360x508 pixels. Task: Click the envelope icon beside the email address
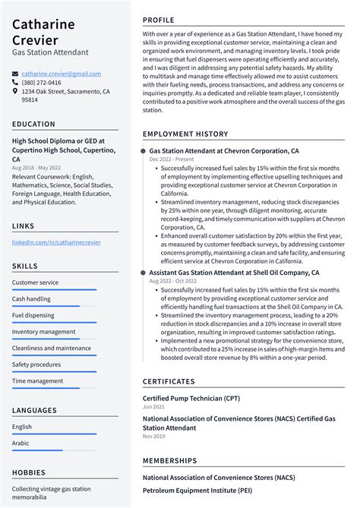point(15,74)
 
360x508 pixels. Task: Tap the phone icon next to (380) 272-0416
point(15,83)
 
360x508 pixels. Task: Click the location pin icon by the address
point(15,91)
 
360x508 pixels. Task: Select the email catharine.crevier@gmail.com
point(61,74)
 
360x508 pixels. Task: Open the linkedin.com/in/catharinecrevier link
point(56,242)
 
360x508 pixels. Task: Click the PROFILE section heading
point(159,20)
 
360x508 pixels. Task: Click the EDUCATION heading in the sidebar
point(33,124)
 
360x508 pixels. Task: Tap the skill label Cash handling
point(31,298)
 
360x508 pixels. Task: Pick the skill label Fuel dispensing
point(33,315)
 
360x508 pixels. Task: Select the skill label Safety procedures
point(36,364)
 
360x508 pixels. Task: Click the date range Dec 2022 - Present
point(172,159)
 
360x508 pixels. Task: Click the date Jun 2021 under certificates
point(153,407)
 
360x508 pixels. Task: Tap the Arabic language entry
point(21,443)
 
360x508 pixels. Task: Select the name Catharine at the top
point(43,24)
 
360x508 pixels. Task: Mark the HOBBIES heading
point(29,472)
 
